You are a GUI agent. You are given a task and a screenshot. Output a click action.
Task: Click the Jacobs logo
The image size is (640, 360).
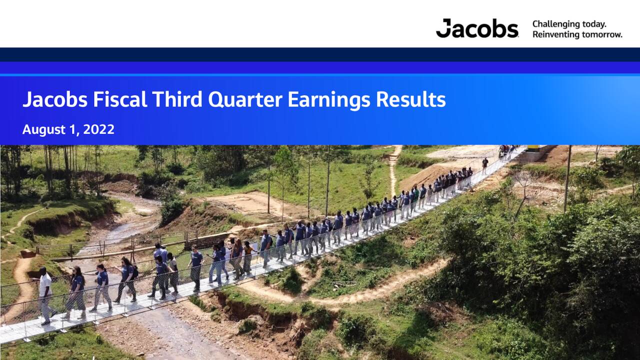click(477, 28)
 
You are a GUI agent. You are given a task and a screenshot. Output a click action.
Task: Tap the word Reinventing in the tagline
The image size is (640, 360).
click(556, 34)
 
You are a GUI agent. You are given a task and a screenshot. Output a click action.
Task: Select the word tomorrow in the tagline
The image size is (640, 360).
click(601, 34)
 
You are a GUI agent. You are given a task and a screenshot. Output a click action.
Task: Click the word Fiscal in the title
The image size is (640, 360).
click(119, 99)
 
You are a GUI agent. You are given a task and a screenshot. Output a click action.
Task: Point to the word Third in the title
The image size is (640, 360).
click(177, 99)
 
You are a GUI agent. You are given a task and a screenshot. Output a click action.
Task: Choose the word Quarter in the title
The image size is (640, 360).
click(245, 99)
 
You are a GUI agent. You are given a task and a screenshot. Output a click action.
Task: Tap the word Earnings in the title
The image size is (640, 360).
click(329, 100)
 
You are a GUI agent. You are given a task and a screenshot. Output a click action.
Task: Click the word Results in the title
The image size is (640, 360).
click(410, 99)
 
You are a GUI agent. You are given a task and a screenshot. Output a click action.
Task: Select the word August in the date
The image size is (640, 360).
click(44, 129)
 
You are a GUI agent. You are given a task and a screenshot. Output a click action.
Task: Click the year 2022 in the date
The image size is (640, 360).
click(99, 129)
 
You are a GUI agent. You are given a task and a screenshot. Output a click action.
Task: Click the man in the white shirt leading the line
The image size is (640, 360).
click(45, 296)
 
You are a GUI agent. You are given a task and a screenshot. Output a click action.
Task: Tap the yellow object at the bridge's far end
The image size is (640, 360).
click(533, 148)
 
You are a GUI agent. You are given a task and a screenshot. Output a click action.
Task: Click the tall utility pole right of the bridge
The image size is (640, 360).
click(567, 179)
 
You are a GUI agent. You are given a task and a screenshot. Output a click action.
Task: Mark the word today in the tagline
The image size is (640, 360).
click(594, 24)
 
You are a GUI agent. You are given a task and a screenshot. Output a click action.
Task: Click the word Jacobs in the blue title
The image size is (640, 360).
click(55, 99)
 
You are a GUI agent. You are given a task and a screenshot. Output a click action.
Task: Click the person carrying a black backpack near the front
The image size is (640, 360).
click(127, 280)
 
